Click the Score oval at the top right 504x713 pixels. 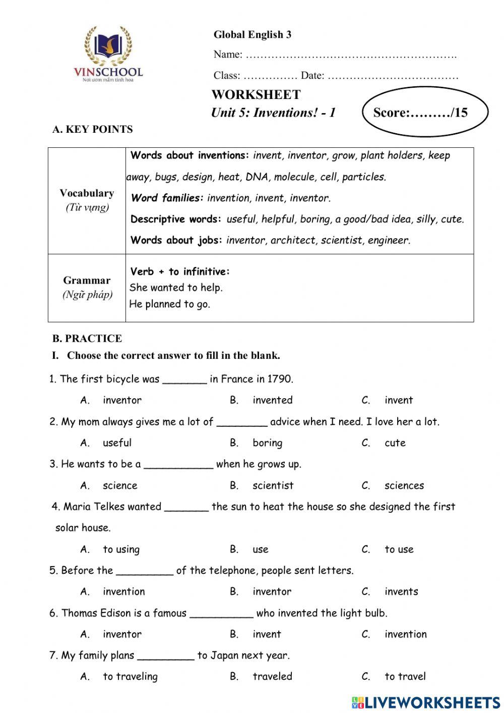(425, 112)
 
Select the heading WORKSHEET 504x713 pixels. (256, 95)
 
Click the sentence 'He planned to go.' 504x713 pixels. (169, 304)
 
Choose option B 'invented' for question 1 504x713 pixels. (272, 400)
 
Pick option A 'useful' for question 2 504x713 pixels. (117, 443)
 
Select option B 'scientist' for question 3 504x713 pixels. (273, 485)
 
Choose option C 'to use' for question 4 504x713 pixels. (399, 550)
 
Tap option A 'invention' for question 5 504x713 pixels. (123, 591)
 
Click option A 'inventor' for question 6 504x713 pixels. (122, 634)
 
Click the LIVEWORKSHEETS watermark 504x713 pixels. (426, 702)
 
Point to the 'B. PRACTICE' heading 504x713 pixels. (87, 339)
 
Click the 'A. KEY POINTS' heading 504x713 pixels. (93, 130)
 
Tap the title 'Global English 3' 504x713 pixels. (252, 35)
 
